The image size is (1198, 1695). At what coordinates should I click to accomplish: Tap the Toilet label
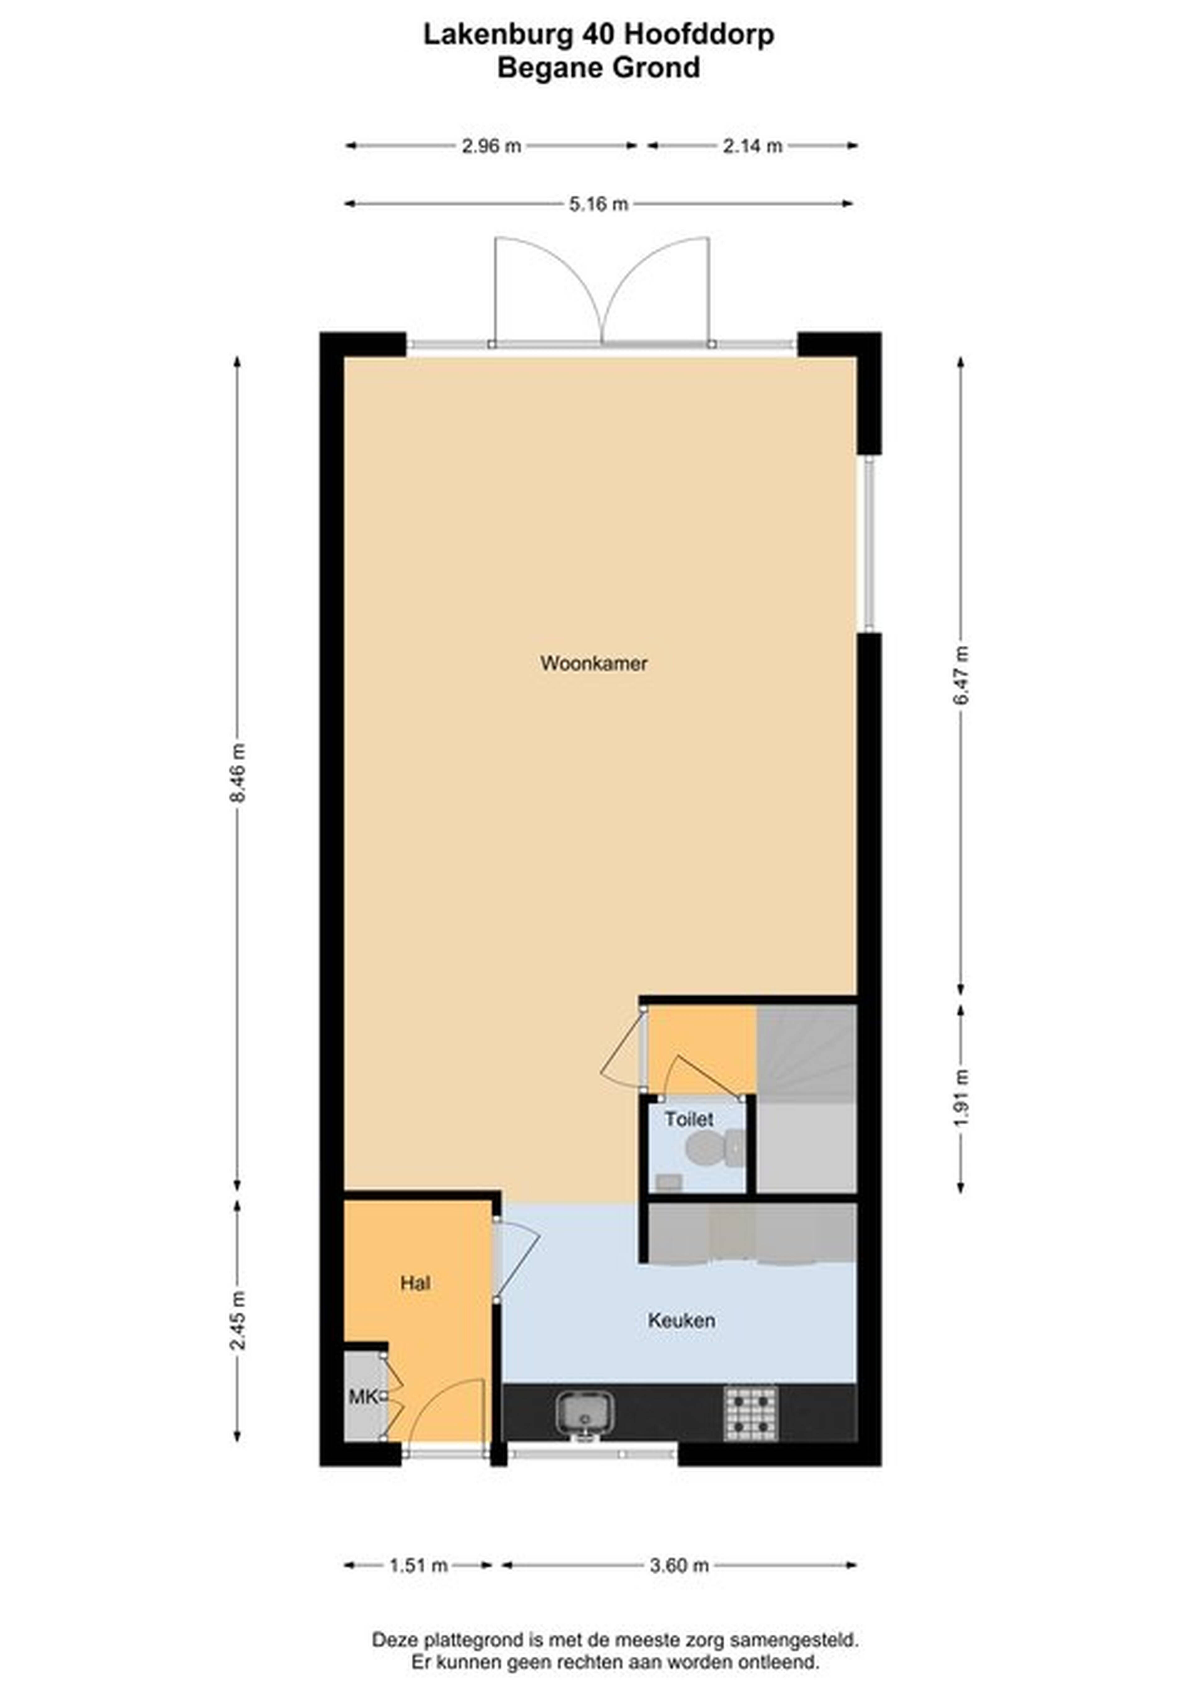point(689,1119)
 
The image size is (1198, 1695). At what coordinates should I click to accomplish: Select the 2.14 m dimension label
point(752,146)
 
